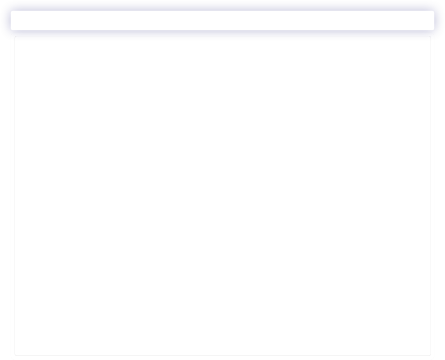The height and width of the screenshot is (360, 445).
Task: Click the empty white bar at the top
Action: (x=222, y=20)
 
